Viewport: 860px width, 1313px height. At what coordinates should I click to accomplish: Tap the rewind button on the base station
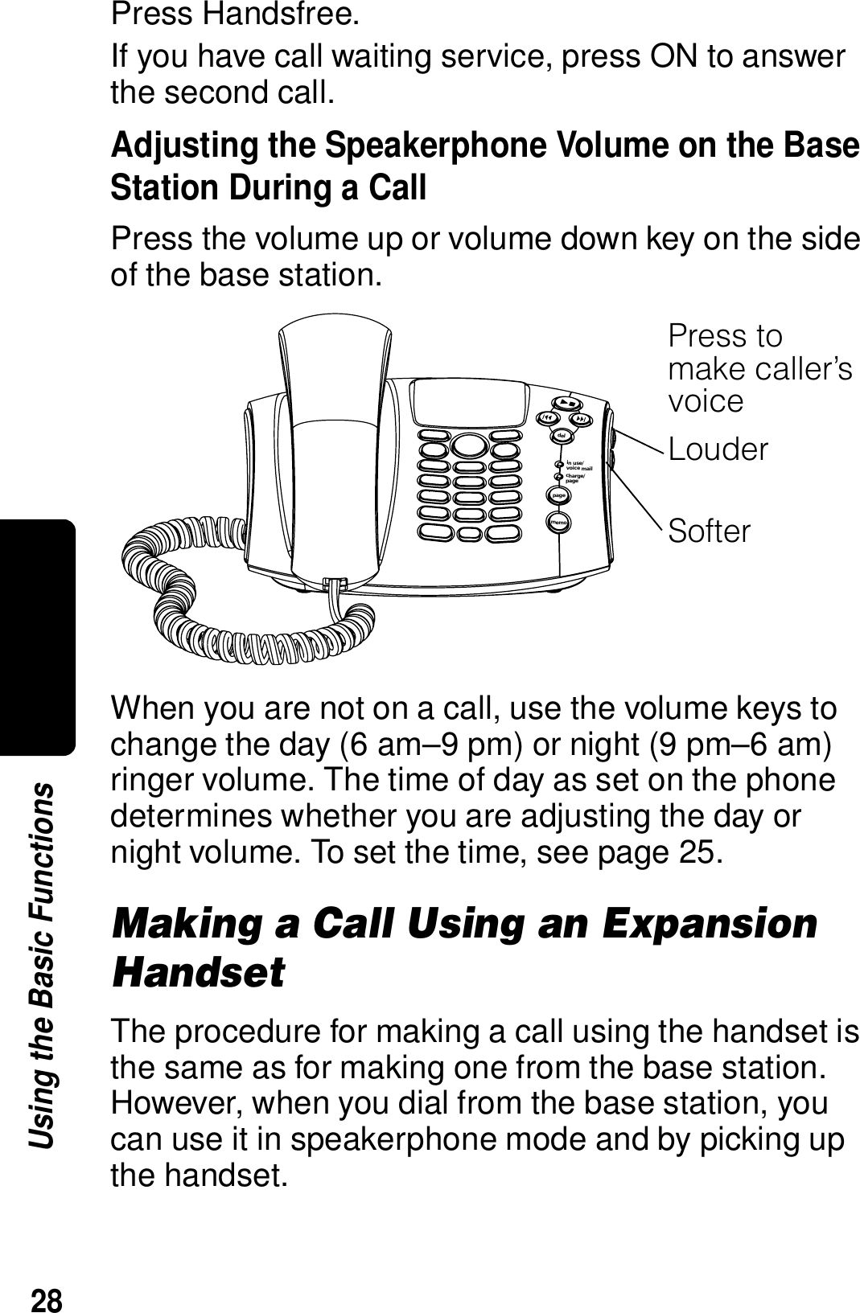point(547,419)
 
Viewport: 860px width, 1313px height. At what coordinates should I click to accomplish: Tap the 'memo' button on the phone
point(559,523)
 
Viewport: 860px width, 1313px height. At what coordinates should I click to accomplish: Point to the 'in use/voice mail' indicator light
point(559,465)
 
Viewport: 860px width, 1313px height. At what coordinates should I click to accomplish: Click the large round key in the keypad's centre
point(469,445)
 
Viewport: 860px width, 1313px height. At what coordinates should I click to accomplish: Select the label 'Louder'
point(718,449)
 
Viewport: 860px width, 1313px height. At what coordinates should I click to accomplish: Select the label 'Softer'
point(710,531)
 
